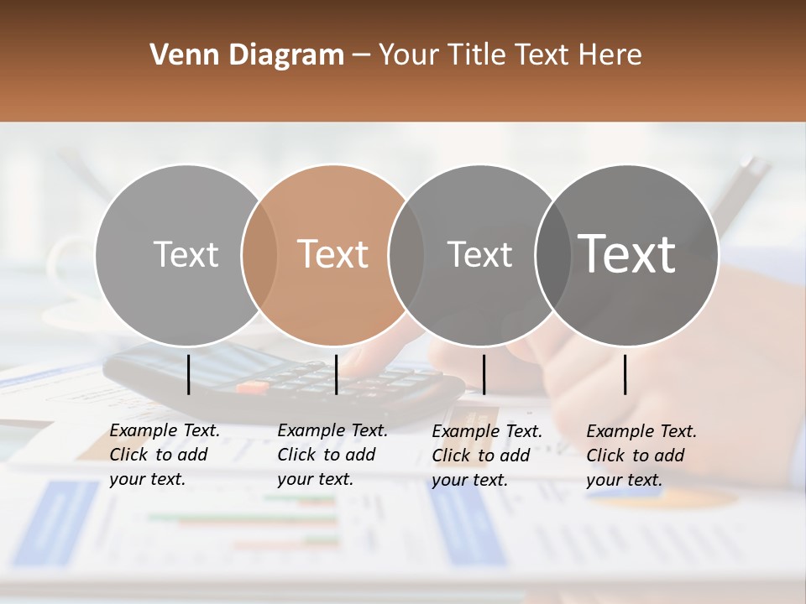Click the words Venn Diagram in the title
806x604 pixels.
247,55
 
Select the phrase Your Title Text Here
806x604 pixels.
510,55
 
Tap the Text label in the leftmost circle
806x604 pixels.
186,254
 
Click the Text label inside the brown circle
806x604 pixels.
333,254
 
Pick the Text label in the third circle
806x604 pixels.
479,254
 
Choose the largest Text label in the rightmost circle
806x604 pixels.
627,253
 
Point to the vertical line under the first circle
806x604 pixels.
189,374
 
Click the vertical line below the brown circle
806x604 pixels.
336,374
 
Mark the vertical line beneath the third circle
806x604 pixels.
484,374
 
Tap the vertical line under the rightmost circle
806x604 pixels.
625,374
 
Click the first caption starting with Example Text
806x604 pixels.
165,455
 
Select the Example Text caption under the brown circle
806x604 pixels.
332,455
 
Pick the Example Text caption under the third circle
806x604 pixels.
487,456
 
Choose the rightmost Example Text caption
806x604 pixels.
641,456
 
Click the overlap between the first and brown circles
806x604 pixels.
259,255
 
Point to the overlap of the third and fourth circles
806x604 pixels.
552,255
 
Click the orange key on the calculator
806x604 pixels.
251,388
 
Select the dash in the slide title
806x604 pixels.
361,55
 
